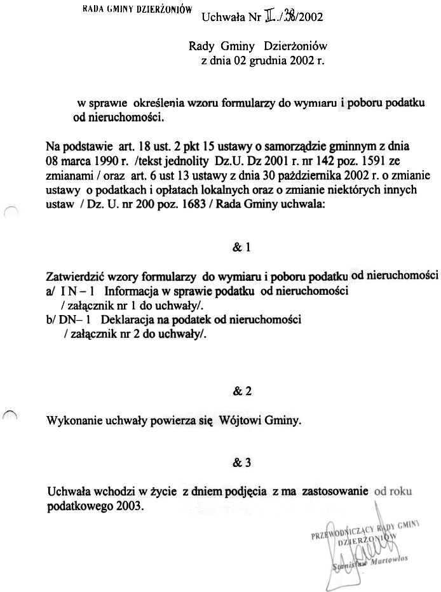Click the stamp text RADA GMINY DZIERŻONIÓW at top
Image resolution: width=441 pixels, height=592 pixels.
tap(137, 10)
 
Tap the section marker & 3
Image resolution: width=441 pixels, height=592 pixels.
tap(242, 463)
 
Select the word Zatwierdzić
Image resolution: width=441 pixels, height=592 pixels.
tap(78, 277)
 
